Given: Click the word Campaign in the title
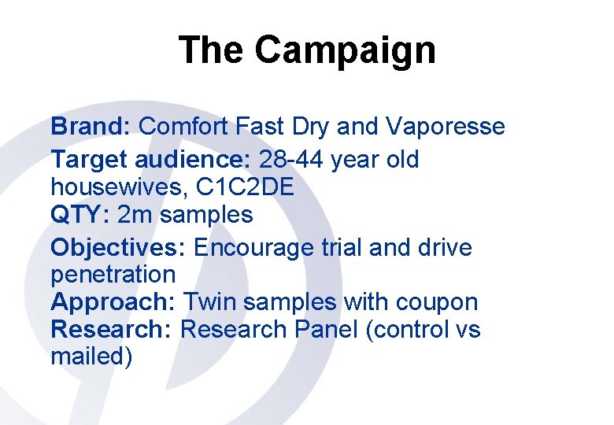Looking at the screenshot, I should click(345, 51).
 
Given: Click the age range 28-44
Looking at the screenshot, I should click(291, 161).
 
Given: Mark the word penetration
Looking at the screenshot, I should click(113, 275).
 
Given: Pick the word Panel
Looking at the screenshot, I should click(327, 330).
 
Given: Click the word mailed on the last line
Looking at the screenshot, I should click(87, 357).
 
